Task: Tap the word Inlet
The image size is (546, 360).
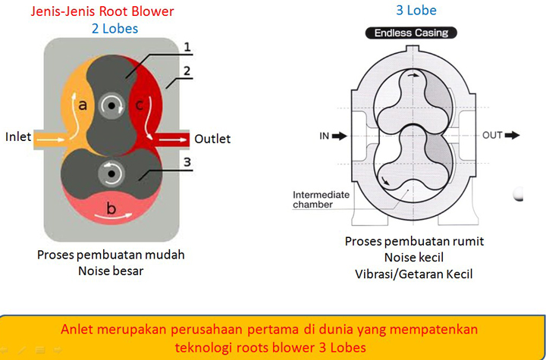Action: coord(19,137)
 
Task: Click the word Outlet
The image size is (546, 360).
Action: coord(212,139)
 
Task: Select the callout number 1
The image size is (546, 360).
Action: coord(187,46)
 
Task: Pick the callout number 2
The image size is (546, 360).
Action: coord(187,73)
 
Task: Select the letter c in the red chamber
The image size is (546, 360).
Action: coord(139,108)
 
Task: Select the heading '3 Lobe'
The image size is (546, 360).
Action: coord(416,11)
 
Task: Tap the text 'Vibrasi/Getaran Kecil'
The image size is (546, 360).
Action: coord(414,274)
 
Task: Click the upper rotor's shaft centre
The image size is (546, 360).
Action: coord(112,105)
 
